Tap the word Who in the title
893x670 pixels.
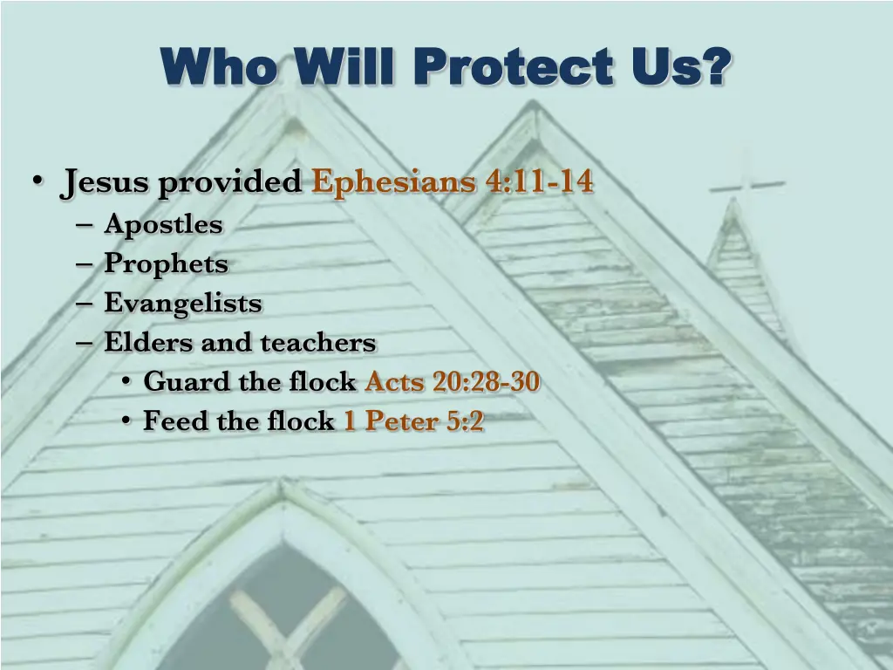[x=216, y=67]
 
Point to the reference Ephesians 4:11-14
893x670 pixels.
[x=453, y=183]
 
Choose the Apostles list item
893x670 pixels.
[x=163, y=225]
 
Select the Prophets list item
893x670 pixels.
[x=166, y=263]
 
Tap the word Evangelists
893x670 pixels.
[x=182, y=304]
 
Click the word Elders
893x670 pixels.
[x=149, y=343]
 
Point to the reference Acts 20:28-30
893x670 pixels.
[x=452, y=382]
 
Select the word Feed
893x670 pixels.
[x=170, y=421]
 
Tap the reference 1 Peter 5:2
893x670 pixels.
[x=413, y=421]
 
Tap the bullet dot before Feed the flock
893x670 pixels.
[x=126, y=421]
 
